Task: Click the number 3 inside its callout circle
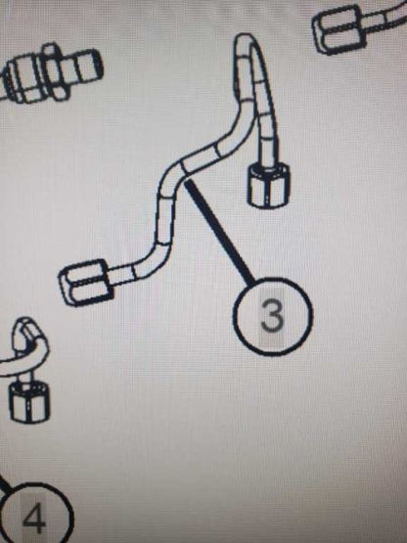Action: [x=272, y=315]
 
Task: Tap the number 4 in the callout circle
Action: [x=33, y=519]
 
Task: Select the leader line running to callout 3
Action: [x=220, y=233]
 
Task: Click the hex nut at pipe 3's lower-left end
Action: [x=86, y=283]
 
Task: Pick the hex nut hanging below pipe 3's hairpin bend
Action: [x=269, y=186]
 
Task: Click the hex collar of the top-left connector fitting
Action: [x=56, y=72]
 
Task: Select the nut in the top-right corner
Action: [x=338, y=30]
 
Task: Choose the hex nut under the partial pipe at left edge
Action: [x=29, y=401]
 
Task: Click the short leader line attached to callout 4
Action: [x=5, y=483]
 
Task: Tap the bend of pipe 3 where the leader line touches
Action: [x=174, y=175]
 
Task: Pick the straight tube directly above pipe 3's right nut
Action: [x=267, y=139]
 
